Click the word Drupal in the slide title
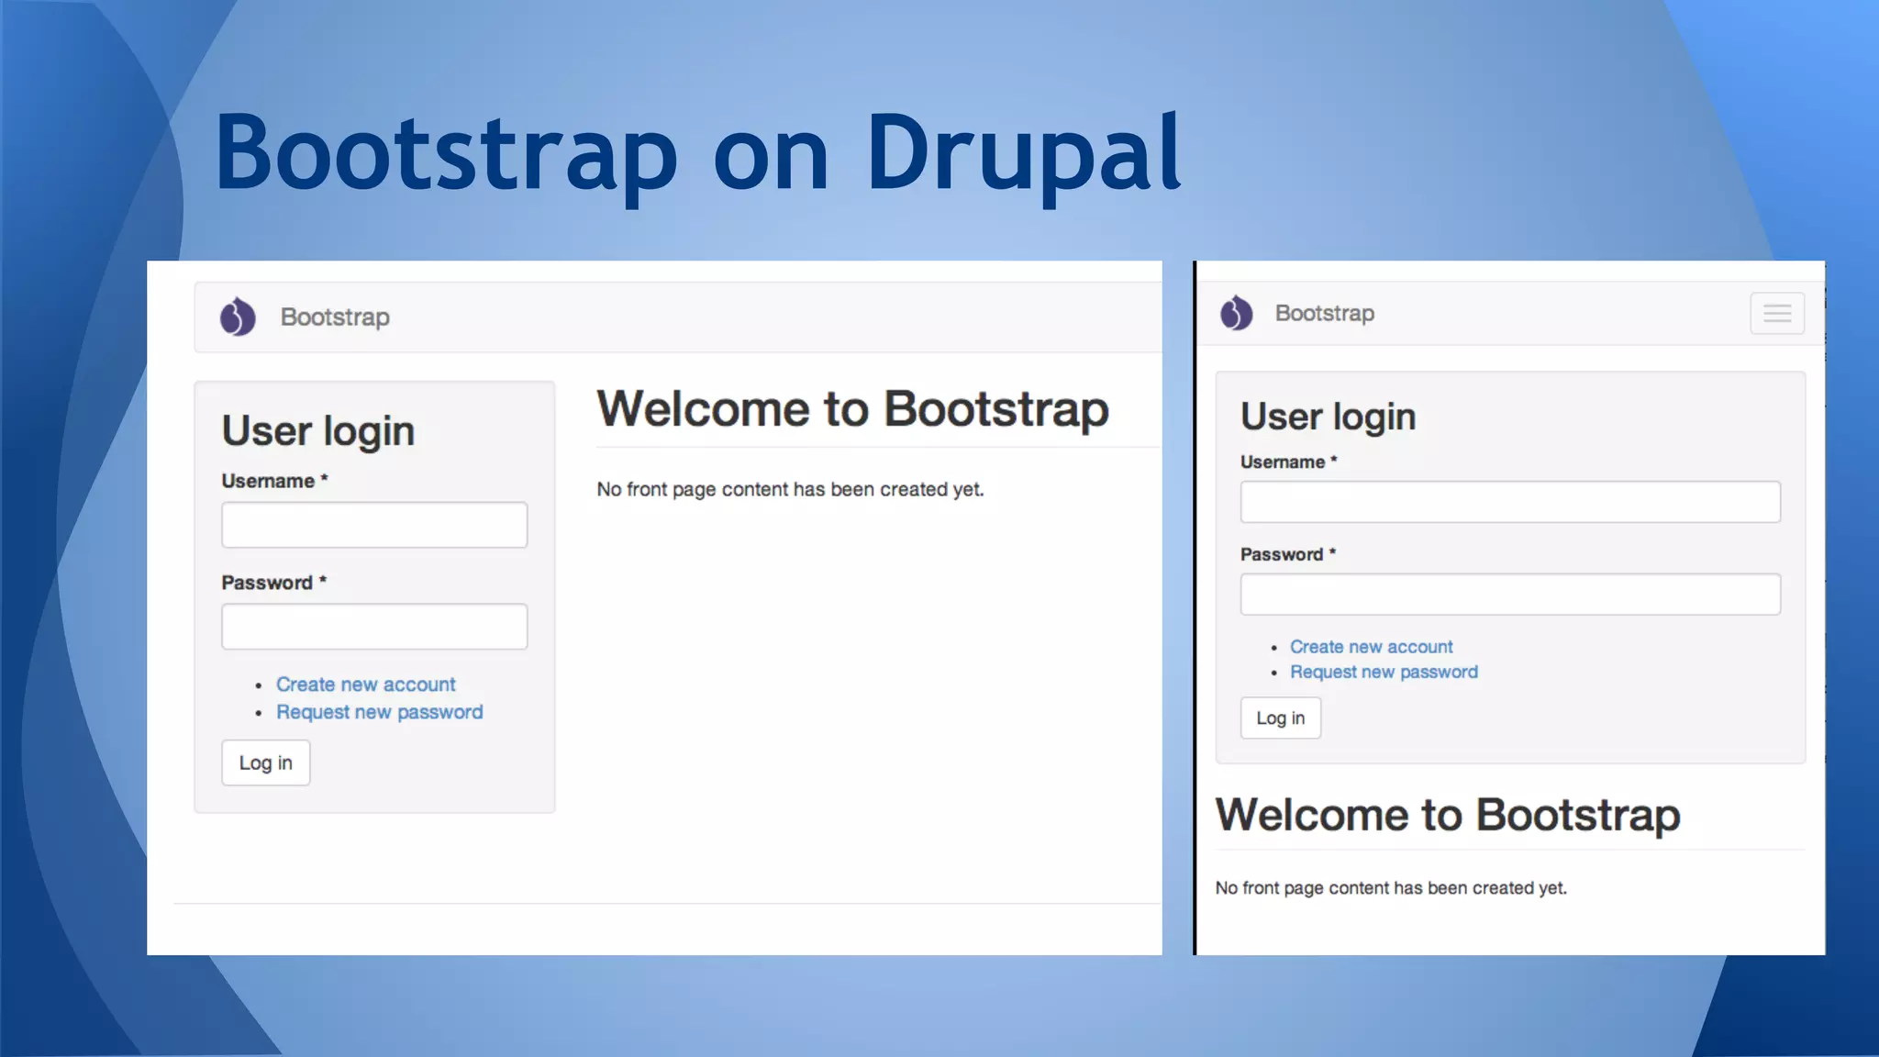pyautogui.click(x=1022, y=154)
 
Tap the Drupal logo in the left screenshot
pyautogui.click(x=238, y=317)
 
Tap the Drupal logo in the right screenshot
pyautogui.click(x=1236, y=313)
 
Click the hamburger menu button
pyautogui.click(x=1776, y=314)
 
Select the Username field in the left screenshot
pyautogui.click(x=374, y=525)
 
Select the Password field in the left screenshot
pyautogui.click(x=374, y=627)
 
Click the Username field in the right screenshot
pyautogui.click(x=1509, y=502)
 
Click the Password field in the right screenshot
pyautogui.click(x=1509, y=595)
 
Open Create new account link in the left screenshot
pyautogui.click(x=365, y=684)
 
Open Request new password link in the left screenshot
pyautogui.click(x=379, y=712)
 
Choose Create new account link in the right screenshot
pyautogui.click(x=1371, y=647)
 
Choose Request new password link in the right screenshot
pyautogui.click(x=1384, y=672)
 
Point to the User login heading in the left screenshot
pyautogui.click(x=317, y=431)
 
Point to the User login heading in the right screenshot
pyautogui.click(x=1328, y=417)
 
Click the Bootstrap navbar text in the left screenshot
pyautogui.click(x=335, y=317)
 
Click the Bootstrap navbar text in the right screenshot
pyautogui.click(x=1324, y=313)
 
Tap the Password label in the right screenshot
pyautogui.click(x=1281, y=554)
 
